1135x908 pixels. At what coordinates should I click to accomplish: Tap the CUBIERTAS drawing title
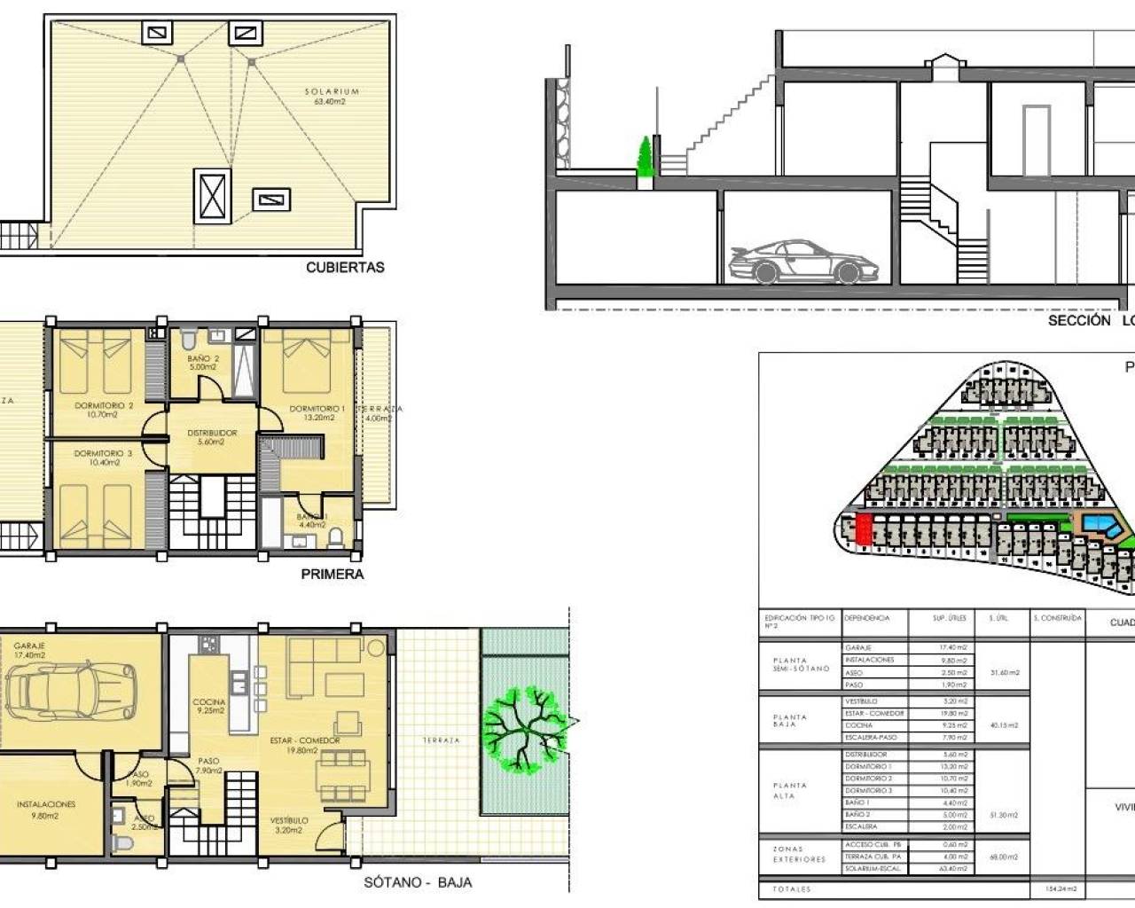click(x=345, y=267)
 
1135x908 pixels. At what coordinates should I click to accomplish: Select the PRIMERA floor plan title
click(x=333, y=574)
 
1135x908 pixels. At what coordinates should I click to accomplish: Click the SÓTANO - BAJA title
click(x=418, y=882)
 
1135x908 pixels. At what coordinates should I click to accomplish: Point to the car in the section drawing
click(x=802, y=262)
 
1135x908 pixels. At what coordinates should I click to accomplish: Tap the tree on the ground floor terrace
click(x=523, y=728)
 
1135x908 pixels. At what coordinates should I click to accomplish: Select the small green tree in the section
click(x=646, y=158)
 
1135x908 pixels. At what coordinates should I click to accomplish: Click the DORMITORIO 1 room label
click(x=317, y=409)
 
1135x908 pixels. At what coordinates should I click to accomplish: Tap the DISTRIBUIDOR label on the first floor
click(x=212, y=434)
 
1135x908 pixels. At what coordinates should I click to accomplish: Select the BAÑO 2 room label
click(x=203, y=358)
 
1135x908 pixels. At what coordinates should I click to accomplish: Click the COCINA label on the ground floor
click(x=209, y=701)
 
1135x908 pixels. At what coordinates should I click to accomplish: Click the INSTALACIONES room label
click(x=46, y=804)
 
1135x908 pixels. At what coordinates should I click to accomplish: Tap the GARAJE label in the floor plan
click(x=29, y=646)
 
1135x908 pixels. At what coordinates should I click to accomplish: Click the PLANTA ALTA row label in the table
click(x=789, y=790)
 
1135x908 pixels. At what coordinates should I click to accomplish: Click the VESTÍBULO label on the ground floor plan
click(x=289, y=821)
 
